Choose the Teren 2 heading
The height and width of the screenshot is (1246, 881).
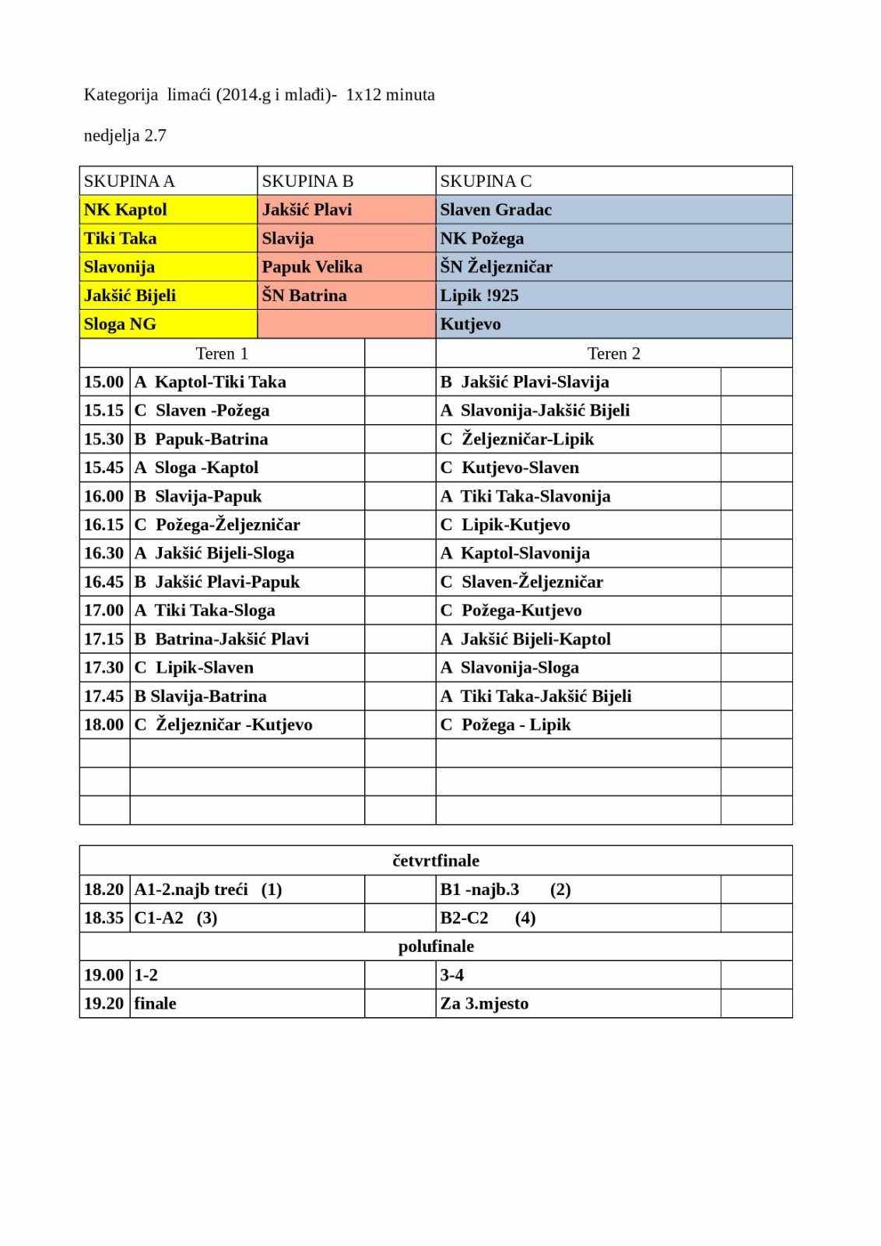(x=613, y=353)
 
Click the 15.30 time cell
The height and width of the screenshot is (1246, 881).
(x=104, y=439)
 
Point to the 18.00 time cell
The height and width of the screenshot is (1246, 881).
(x=104, y=725)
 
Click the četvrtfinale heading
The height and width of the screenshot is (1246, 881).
(x=436, y=861)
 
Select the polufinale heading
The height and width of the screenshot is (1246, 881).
(x=436, y=946)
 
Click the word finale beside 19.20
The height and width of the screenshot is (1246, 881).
(x=156, y=1003)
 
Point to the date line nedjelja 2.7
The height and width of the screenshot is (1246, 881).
(x=125, y=135)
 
